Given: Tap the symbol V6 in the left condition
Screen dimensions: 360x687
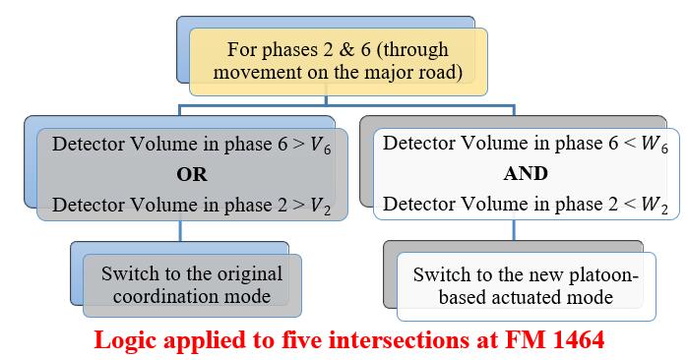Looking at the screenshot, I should (x=318, y=144).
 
